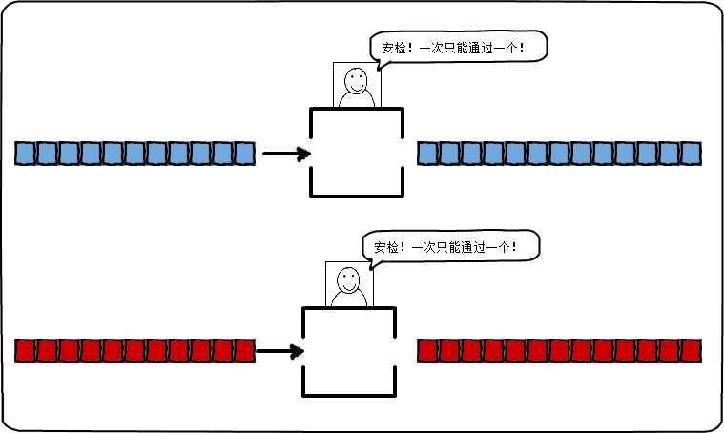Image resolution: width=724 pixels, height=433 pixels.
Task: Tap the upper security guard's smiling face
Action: (x=357, y=80)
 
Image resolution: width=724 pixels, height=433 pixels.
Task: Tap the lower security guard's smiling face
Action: (x=349, y=280)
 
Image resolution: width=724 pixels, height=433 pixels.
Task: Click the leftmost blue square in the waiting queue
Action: (x=25, y=153)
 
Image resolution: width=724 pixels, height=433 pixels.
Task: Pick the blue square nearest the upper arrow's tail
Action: (x=244, y=153)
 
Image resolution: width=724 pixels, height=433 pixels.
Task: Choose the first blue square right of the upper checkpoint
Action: (x=427, y=153)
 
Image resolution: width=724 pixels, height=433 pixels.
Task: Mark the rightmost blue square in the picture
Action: (x=691, y=153)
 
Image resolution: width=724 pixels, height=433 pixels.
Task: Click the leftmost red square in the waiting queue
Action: (x=25, y=351)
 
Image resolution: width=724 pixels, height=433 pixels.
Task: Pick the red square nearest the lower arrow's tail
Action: (x=244, y=351)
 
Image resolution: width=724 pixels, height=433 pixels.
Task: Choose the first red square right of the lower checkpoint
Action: (x=427, y=351)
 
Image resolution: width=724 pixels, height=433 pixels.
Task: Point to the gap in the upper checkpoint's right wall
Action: (x=403, y=153)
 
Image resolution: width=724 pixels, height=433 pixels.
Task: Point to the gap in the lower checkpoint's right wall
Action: (x=395, y=350)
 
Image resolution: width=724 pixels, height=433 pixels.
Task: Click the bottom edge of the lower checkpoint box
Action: (x=349, y=394)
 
